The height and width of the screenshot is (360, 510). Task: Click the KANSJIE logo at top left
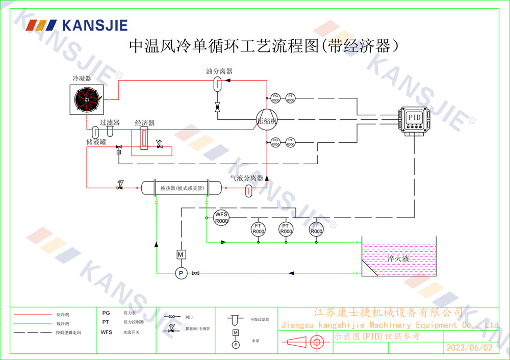coord(77,25)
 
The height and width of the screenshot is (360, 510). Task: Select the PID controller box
coord(415,118)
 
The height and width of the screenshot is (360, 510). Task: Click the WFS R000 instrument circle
coord(221,218)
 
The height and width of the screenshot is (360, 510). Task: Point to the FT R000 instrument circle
coord(259,228)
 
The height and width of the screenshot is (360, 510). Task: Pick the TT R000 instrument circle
coord(316,228)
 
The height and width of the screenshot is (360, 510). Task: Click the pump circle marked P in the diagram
coord(181,274)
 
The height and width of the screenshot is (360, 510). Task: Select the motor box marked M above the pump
coord(181,254)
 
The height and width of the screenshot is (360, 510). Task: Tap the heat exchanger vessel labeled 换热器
coord(182,188)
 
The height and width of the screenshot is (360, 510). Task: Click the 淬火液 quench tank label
coord(398,259)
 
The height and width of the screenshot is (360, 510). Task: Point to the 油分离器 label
coord(219,71)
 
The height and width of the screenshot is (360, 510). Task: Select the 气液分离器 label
coord(246,178)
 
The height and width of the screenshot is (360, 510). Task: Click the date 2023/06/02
coord(470,348)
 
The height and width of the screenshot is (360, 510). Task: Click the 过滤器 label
coord(110,123)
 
